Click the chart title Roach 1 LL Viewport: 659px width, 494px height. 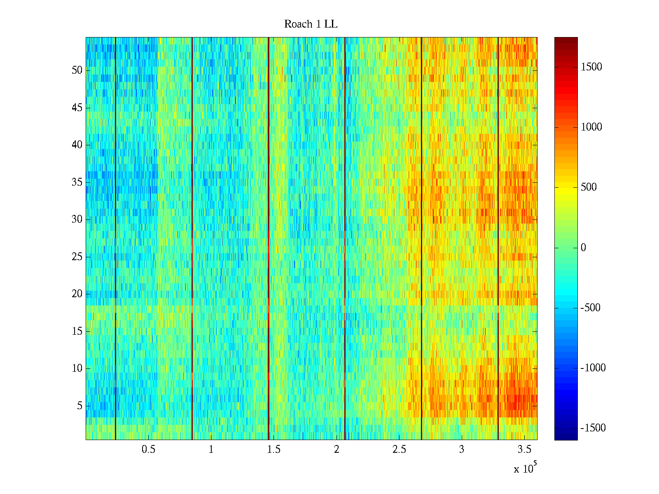click(x=311, y=24)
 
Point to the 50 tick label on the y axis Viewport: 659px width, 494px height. click(x=77, y=70)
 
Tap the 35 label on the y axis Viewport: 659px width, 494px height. click(x=77, y=182)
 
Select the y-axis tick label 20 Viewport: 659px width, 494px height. click(x=77, y=294)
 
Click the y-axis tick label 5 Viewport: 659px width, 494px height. click(x=79, y=405)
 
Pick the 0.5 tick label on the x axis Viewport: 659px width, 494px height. click(x=148, y=450)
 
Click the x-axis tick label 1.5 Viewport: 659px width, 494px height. click(x=274, y=450)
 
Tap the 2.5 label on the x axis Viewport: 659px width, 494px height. click(x=399, y=450)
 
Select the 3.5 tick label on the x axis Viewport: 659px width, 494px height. click(x=524, y=450)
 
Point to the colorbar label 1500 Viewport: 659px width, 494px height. click(x=591, y=67)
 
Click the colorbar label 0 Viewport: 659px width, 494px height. click(x=583, y=247)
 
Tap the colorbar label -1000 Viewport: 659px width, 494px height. click(x=593, y=368)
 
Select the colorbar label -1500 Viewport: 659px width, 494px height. click(x=593, y=428)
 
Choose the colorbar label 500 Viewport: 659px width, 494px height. click(x=589, y=187)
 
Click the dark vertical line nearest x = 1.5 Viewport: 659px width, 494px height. click(x=269, y=239)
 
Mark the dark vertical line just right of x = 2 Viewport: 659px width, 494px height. click(x=345, y=239)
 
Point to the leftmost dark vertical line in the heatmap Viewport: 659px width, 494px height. click(x=115, y=239)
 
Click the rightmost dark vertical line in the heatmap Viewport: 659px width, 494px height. click(x=498, y=239)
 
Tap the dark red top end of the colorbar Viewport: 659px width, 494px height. click(x=566, y=40)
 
